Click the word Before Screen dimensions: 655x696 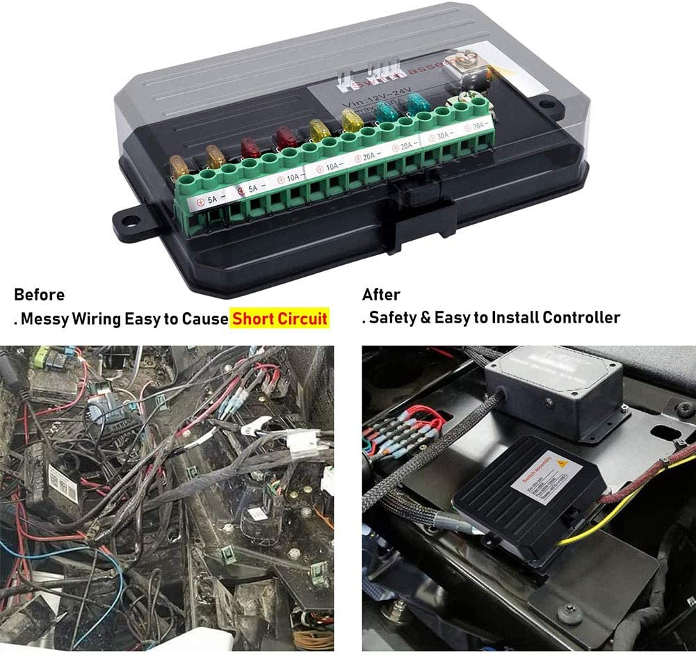point(39,294)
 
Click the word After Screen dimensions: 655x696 point(381,294)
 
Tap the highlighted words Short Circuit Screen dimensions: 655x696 point(280,318)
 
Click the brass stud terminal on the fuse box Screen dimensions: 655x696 point(461,68)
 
